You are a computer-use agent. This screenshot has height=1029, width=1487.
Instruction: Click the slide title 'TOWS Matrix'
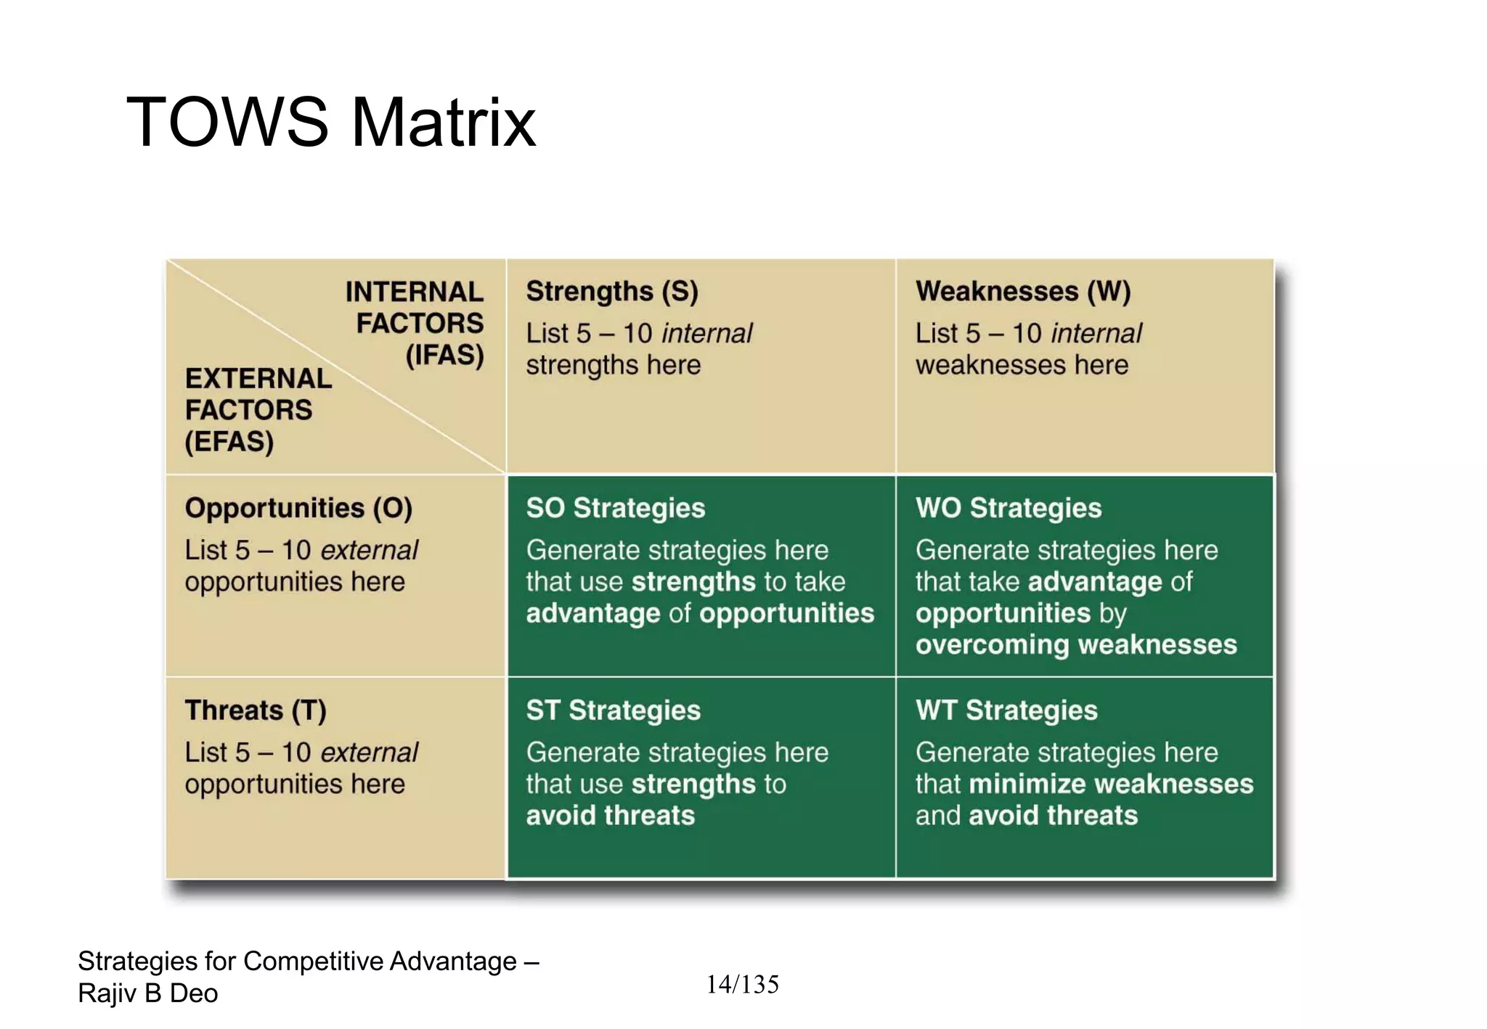(331, 122)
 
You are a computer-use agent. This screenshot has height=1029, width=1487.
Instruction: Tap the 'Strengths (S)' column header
(611, 292)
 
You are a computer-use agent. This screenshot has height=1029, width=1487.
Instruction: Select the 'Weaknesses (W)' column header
(1022, 292)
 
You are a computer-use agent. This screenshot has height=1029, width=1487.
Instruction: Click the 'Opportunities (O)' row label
(298, 508)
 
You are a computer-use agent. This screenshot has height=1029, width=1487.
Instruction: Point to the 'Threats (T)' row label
(256, 710)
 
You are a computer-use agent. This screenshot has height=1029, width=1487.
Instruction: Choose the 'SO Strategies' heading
(615, 508)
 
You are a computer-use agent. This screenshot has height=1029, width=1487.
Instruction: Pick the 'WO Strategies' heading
(1008, 508)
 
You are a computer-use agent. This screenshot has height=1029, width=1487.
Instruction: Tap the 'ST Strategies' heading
(613, 710)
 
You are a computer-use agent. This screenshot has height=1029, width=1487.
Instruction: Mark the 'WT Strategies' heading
(1006, 710)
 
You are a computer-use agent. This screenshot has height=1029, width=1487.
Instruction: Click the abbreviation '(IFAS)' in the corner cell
(444, 356)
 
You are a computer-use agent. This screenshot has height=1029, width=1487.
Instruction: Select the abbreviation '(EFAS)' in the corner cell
(229, 442)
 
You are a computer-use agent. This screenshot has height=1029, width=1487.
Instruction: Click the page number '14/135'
(742, 985)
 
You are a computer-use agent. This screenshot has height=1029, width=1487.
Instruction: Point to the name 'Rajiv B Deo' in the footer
(148, 993)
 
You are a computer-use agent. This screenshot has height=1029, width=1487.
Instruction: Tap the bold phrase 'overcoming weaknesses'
(1075, 644)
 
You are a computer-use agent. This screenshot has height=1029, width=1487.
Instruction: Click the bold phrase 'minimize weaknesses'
(1110, 784)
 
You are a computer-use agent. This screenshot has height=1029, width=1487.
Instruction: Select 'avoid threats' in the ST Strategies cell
(610, 816)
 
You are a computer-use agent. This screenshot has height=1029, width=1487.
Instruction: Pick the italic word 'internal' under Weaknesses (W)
(1096, 334)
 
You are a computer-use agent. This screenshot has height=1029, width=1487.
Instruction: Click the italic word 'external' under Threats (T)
(369, 753)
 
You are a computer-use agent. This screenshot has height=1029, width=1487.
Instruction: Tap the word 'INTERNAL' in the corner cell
(414, 292)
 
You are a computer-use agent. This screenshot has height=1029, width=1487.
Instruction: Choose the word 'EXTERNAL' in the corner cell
(258, 379)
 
